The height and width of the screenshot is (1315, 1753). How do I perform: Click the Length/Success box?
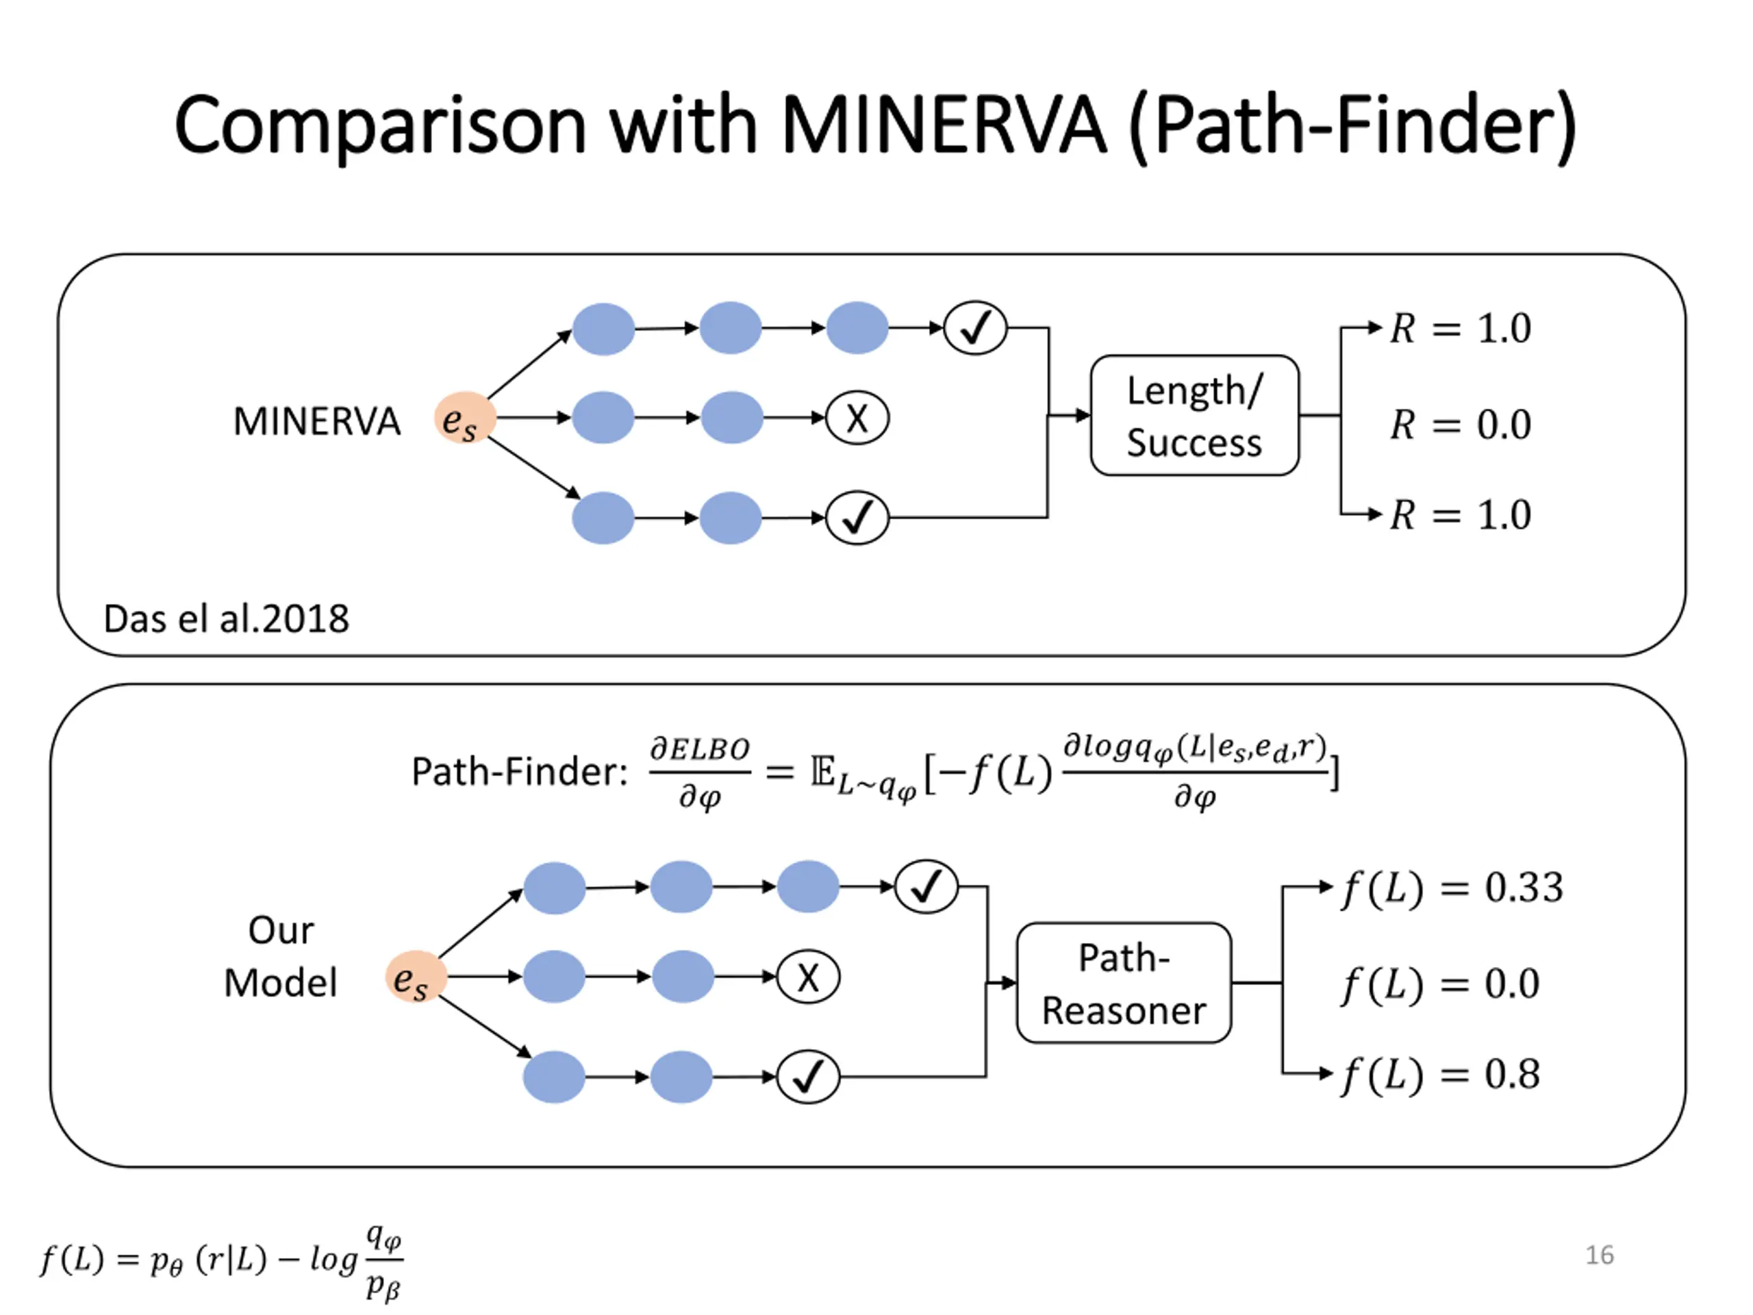(1194, 415)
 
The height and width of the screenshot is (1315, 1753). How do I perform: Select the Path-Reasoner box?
(1124, 983)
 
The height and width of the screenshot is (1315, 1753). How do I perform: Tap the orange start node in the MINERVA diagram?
(464, 418)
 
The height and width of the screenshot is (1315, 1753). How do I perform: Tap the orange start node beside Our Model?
(415, 977)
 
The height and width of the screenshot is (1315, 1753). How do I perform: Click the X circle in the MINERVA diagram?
(857, 418)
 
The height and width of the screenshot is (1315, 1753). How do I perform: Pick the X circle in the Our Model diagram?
(807, 977)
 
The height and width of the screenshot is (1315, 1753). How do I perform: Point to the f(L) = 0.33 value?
(1452, 888)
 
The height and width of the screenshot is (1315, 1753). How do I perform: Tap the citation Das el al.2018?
(226, 618)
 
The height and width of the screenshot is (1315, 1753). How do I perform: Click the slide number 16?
(1599, 1255)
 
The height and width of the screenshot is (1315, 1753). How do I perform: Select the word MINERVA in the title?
(943, 125)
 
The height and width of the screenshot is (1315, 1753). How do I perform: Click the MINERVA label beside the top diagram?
(316, 421)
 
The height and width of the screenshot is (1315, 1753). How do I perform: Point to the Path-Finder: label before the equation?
(520, 771)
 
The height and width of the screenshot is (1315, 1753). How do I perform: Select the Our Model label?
(281, 956)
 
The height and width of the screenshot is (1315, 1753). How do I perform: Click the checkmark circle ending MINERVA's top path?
(976, 327)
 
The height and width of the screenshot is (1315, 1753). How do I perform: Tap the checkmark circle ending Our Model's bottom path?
(807, 1077)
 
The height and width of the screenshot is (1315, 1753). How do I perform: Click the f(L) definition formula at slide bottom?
(222, 1260)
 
